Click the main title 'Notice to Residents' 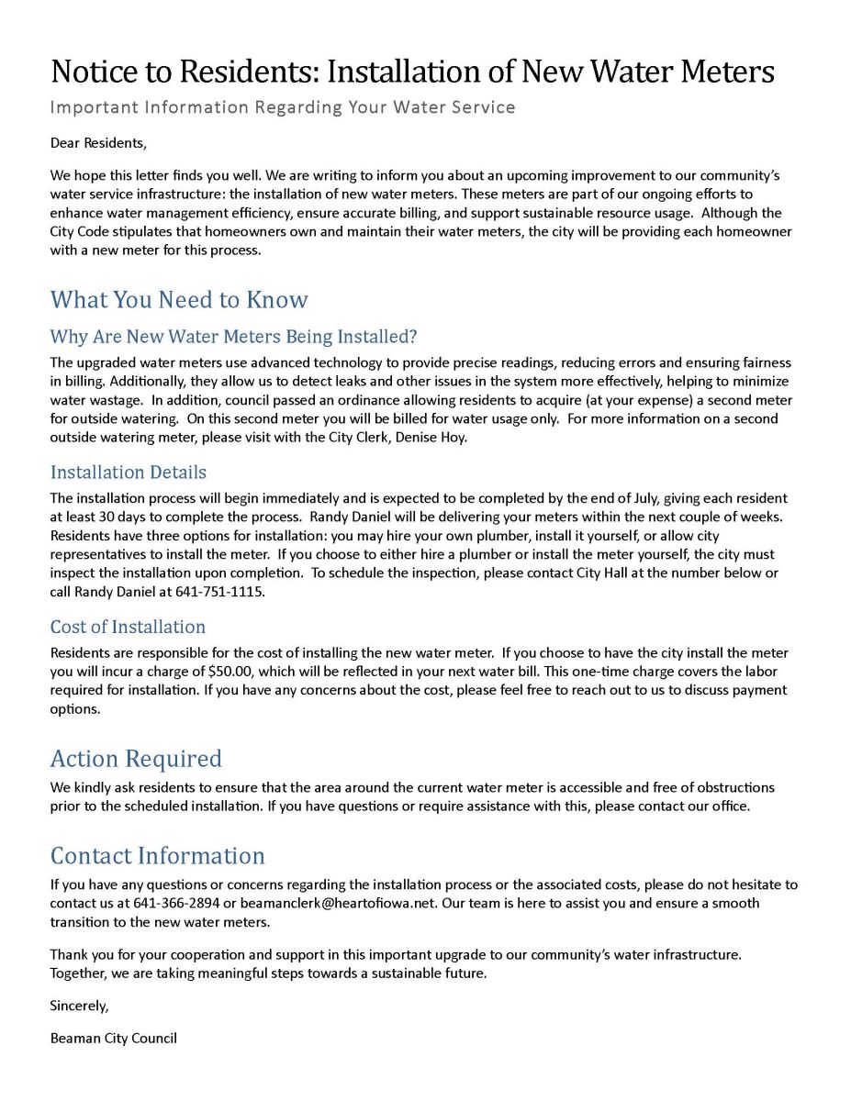pyautogui.click(x=412, y=71)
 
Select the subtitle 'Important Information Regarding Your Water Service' pyautogui.click(x=282, y=107)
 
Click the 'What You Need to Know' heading pyautogui.click(x=179, y=299)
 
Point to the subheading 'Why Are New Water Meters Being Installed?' pyautogui.click(x=233, y=337)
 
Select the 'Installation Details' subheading pyautogui.click(x=128, y=473)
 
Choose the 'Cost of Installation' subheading pyautogui.click(x=128, y=627)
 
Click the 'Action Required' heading pyautogui.click(x=136, y=759)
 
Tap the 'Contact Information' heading pyautogui.click(x=157, y=856)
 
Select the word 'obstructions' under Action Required pyautogui.click(x=734, y=787)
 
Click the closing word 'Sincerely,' pyautogui.click(x=79, y=1006)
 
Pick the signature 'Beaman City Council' pyautogui.click(x=113, y=1039)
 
